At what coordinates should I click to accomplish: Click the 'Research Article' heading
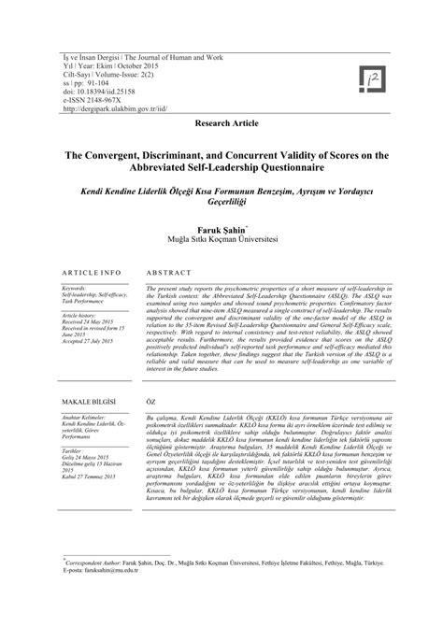[221, 123]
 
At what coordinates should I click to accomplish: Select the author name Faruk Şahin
[220, 227]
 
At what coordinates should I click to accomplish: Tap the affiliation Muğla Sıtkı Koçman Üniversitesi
[221, 239]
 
